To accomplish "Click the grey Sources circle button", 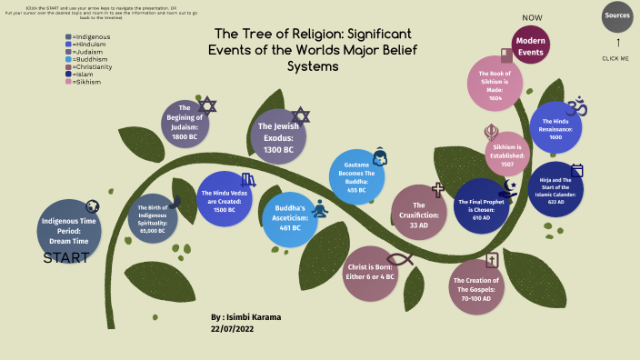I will click(617, 15).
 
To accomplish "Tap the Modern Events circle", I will click(531, 46).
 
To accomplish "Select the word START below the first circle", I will click(66, 258).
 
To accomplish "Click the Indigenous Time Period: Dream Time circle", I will click(69, 225).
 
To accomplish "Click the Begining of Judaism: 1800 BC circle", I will click(185, 124).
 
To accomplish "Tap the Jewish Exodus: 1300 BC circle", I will click(278, 137).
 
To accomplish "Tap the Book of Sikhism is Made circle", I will click(495, 84).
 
